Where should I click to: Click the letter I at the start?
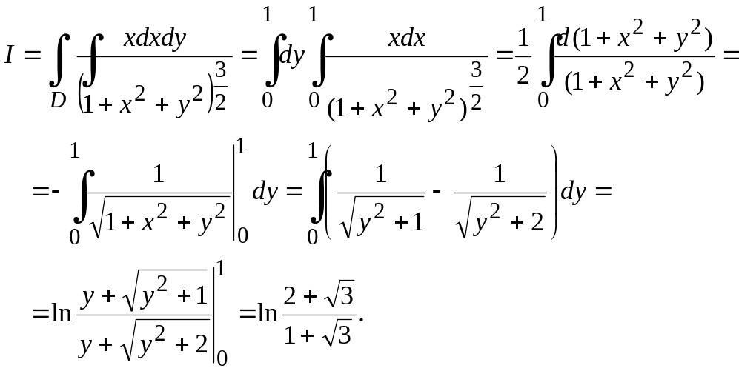(x=9, y=55)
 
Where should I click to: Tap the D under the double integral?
(x=58, y=100)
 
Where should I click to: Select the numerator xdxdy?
(x=155, y=38)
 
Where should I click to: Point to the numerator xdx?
(x=407, y=38)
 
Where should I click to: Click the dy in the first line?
(x=292, y=56)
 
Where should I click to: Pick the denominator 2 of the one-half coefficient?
(x=523, y=76)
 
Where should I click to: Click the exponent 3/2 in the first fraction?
(x=221, y=87)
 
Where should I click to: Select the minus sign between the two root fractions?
(x=437, y=191)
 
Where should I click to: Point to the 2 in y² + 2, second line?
(x=537, y=221)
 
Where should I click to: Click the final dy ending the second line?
(x=573, y=192)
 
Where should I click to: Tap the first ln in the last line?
(x=62, y=312)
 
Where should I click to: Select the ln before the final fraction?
(x=268, y=312)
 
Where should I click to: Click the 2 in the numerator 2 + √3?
(x=290, y=296)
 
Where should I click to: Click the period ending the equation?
(x=362, y=320)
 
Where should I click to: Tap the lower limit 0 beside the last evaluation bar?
(x=222, y=358)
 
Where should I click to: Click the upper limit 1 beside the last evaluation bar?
(x=221, y=270)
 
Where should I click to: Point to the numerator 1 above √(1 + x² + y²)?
(x=159, y=174)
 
